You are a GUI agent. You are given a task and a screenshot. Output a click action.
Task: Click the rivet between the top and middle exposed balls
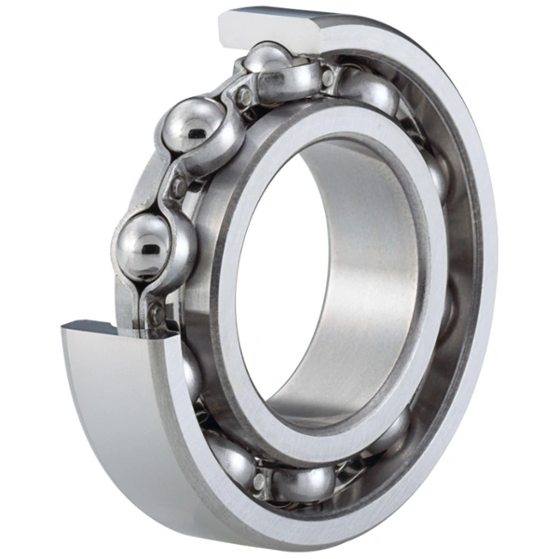coord(244,95)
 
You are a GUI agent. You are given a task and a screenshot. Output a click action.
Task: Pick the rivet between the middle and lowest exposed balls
coord(177,187)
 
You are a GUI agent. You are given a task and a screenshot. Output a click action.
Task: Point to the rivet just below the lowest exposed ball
coord(157,312)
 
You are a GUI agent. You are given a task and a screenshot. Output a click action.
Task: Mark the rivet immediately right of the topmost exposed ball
coord(328,78)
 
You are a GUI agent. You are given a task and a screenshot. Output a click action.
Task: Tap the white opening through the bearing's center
coord(279,279)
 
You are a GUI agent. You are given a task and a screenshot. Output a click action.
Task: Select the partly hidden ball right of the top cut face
coord(368,89)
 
